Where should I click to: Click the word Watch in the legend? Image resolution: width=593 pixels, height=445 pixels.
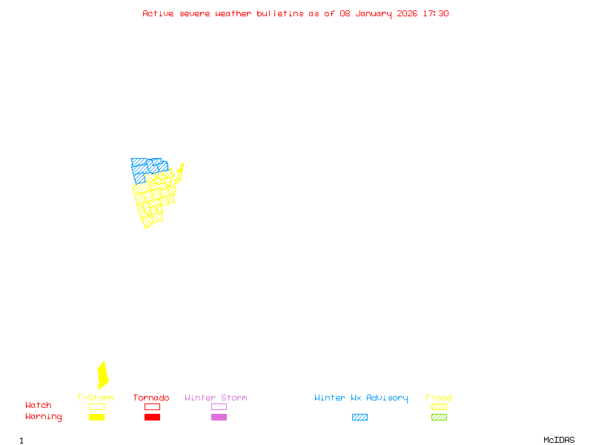(x=39, y=406)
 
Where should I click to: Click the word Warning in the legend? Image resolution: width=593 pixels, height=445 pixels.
(x=44, y=417)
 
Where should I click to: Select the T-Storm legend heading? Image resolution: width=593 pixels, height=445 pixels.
(x=96, y=398)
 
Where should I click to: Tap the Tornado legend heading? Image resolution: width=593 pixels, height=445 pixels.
(x=151, y=398)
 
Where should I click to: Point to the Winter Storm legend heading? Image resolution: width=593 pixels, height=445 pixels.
(x=216, y=398)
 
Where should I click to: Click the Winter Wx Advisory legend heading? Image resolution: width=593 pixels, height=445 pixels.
(x=361, y=398)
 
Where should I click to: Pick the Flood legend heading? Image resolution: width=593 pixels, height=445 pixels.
(x=439, y=398)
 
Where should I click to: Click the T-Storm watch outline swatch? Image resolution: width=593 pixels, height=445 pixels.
(x=96, y=406)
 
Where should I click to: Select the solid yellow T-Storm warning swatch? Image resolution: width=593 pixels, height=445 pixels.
(x=96, y=418)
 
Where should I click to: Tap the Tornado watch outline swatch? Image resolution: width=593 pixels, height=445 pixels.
(x=152, y=406)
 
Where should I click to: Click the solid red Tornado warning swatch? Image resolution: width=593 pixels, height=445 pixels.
(x=152, y=418)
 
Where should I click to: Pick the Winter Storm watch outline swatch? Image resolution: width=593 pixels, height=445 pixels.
(x=219, y=406)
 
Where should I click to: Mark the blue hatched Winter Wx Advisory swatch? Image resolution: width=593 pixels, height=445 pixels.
(x=360, y=418)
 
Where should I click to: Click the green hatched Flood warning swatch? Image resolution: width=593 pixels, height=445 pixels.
(x=439, y=418)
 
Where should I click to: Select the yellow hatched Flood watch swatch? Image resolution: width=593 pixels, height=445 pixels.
(x=439, y=406)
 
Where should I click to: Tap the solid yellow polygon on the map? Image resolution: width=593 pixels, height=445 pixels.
(x=102, y=375)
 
